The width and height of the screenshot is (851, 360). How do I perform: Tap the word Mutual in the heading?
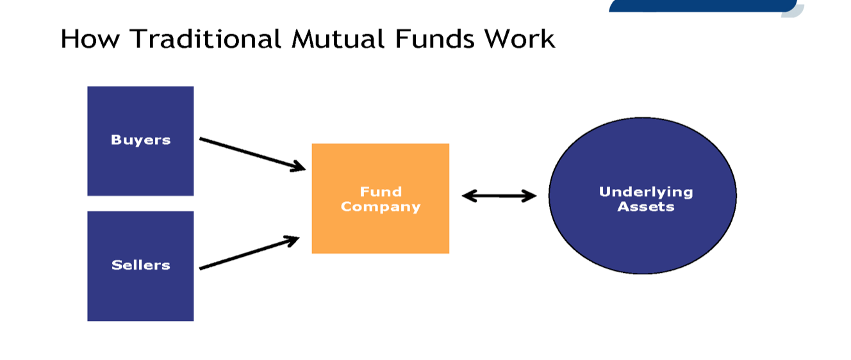click(x=338, y=39)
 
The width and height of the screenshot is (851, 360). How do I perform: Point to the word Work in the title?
click(x=520, y=39)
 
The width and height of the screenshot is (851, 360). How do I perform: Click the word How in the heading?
click(x=92, y=39)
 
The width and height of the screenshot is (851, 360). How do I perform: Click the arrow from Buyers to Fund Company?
click(x=250, y=154)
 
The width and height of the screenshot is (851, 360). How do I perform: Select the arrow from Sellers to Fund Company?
click(x=247, y=254)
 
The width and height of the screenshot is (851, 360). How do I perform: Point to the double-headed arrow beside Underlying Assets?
click(x=499, y=196)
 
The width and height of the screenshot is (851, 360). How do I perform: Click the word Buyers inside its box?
click(x=140, y=140)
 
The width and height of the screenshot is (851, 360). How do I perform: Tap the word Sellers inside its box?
click(x=140, y=265)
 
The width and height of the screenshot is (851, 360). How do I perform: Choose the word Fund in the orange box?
click(x=381, y=192)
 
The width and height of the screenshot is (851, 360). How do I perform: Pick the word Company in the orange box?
click(x=381, y=206)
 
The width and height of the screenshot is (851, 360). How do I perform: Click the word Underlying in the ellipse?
click(x=646, y=192)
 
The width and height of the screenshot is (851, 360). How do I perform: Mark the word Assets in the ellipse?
click(x=646, y=206)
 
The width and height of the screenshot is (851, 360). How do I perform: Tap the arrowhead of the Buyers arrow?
click(x=298, y=167)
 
